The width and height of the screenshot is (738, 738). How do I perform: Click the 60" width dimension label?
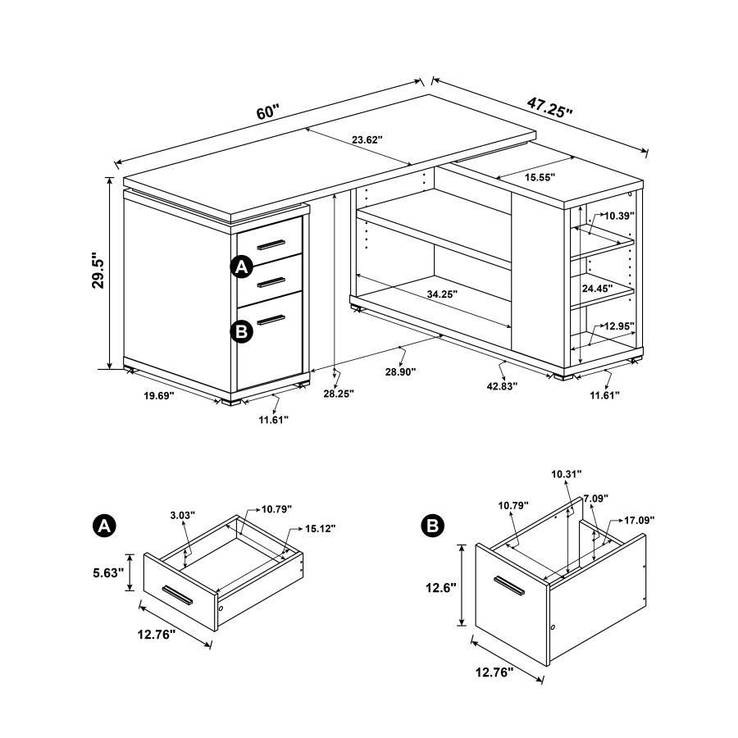pyautogui.click(x=267, y=112)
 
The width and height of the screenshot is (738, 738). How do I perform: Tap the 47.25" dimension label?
pyautogui.click(x=549, y=107)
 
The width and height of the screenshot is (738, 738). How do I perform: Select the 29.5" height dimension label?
pyautogui.click(x=98, y=271)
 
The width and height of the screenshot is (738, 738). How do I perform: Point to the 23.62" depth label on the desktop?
pyautogui.click(x=368, y=140)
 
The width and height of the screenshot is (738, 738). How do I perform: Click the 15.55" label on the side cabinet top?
pyautogui.click(x=538, y=177)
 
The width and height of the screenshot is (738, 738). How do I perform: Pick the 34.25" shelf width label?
pyautogui.click(x=442, y=293)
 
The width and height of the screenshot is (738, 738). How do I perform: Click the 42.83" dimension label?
pyautogui.click(x=501, y=385)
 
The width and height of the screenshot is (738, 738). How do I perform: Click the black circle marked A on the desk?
pyautogui.click(x=241, y=267)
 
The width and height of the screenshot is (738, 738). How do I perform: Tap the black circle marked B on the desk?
pyautogui.click(x=241, y=331)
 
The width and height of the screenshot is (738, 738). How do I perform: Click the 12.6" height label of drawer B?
pyautogui.click(x=441, y=588)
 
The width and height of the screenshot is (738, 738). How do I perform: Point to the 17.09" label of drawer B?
pyautogui.click(x=640, y=520)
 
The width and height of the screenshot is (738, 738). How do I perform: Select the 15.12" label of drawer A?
pyautogui.click(x=321, y=528)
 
